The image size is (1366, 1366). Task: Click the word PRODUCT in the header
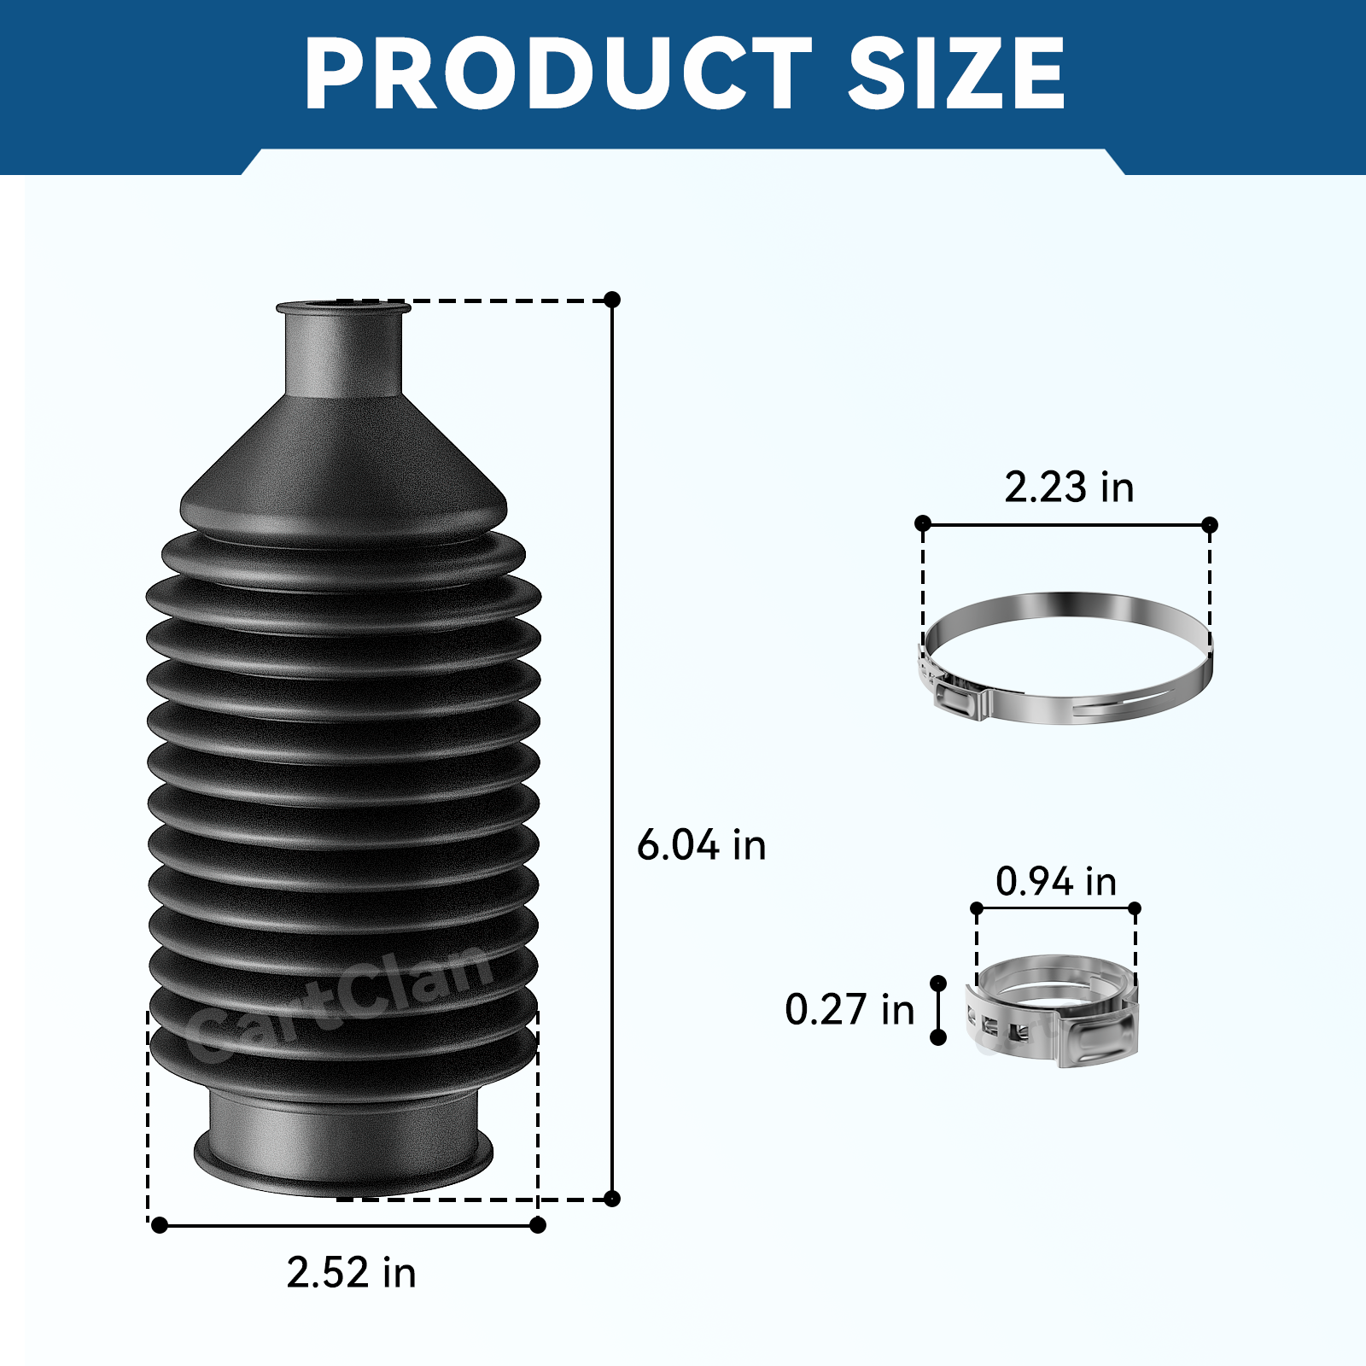pyautogui.click(x=558, y=73)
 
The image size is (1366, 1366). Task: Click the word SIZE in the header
pyautogui.click(x=956, y=73)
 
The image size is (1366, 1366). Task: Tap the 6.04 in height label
pyautogui.click(x=702, y=845)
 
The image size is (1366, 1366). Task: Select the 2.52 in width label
pyautogui.click(x=351, y=1272)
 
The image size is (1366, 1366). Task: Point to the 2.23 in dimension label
pyautogui.click(x=1069, y=487)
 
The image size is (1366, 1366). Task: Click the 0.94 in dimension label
pyautogui.click(x=1056, y=881)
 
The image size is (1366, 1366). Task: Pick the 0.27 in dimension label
pyautogui.click(x=849, y=1009)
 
